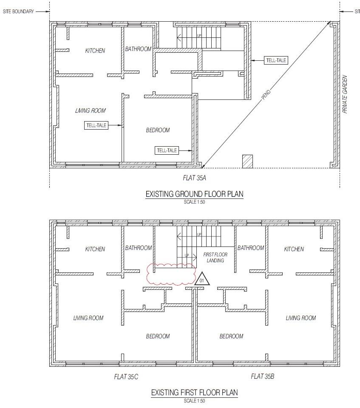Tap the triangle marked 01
202,279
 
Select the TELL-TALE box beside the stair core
276,60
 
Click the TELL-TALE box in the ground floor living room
96,125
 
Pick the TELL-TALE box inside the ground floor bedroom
167,150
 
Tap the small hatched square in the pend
247,161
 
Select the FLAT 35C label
126,376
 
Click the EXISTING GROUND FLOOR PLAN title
194,194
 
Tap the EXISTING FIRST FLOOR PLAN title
194,392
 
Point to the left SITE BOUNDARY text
18,11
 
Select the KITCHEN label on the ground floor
95,51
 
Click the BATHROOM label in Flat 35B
250,248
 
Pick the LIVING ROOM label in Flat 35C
88,318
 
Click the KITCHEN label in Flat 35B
294,249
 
